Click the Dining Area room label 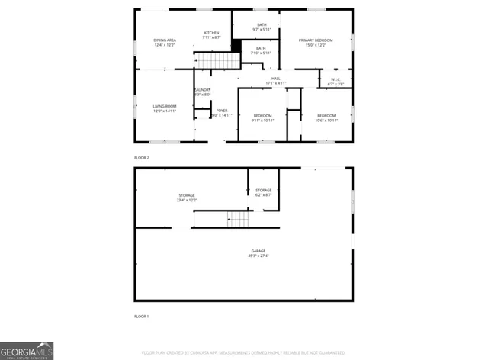coord(165,40)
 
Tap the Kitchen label coord(211,33)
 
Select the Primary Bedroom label coord(316,40)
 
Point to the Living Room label coord(165,106)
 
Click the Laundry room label coord(202,90)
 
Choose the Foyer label coord(222,111)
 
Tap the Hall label coord(275,78)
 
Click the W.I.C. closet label coord(335,79)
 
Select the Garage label coord(258,250)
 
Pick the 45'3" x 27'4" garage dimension coord(258,256)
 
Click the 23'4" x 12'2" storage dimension coord(187,200)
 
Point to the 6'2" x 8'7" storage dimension coord(264,194)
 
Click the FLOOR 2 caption coord(142,157)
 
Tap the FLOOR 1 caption coord(142,316)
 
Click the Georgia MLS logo coord(27,350)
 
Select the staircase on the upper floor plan coord(214,60)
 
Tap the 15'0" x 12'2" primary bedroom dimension coord(316,45)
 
